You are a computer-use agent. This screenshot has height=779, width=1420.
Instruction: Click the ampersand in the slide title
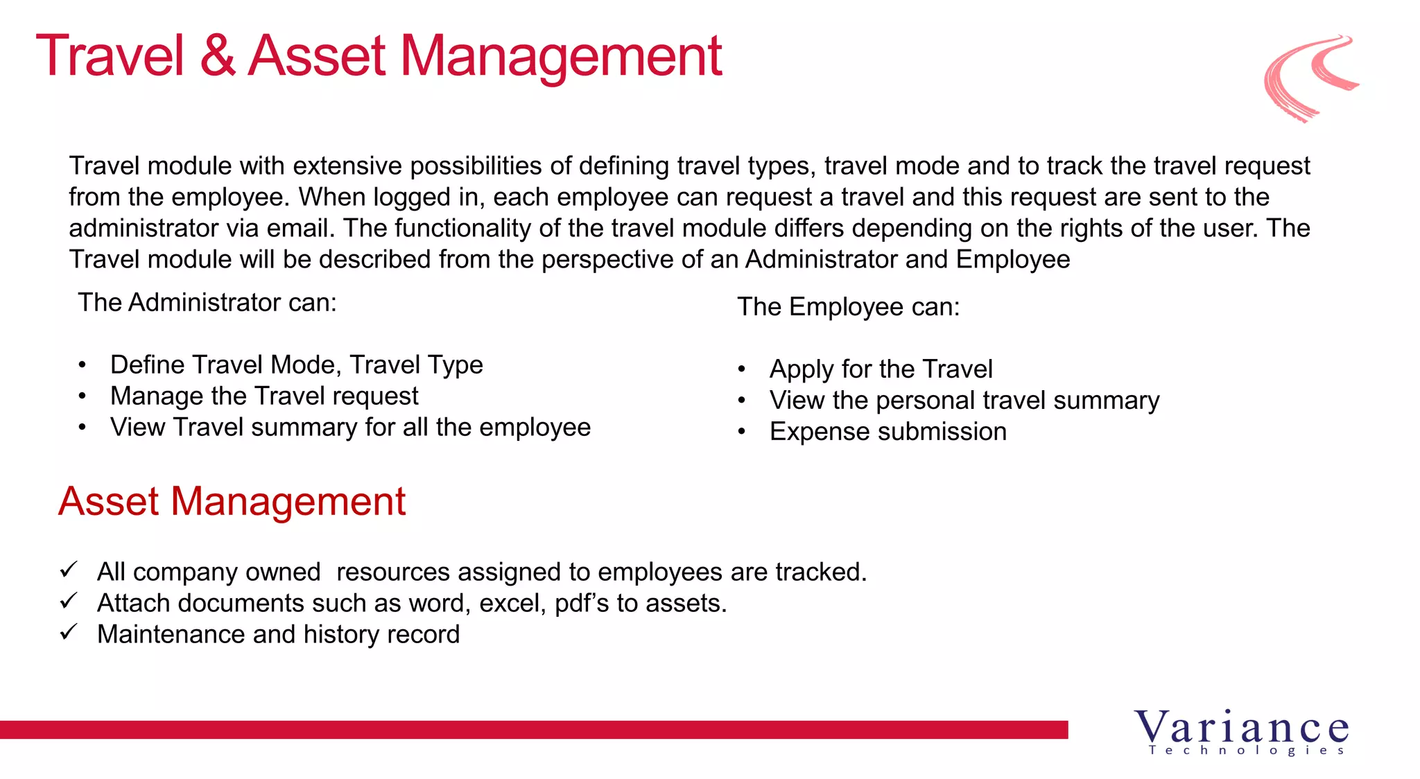coord(218,57)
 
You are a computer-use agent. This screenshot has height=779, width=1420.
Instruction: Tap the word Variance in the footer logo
coord(1240,728)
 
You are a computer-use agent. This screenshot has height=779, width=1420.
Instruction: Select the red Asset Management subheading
coord(232,501)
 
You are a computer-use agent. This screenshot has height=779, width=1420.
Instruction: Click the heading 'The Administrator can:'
coord(207,303)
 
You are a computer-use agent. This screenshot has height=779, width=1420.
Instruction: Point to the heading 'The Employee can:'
coord(848,307)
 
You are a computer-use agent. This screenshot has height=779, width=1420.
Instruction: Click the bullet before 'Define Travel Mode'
coord(83,365)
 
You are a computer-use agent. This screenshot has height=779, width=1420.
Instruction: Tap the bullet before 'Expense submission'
coord(741,432)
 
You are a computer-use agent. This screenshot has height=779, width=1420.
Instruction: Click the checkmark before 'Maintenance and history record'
coord(68,633)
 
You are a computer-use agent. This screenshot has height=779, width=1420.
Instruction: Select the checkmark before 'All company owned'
coord(68,570)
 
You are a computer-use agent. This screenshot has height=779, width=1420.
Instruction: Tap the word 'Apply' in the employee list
coord(802,370)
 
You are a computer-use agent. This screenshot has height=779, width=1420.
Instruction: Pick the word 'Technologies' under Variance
coord(1246,751)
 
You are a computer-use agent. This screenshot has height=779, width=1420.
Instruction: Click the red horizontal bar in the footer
coord(534,729)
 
